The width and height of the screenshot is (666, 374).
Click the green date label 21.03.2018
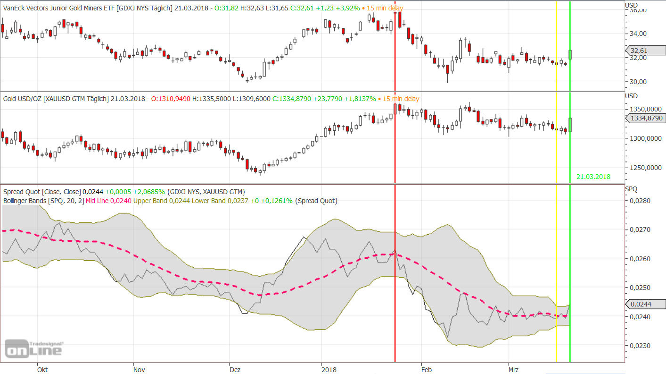pyautogui.click(x=593, y=177)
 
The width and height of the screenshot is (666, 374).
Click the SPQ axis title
pyautogui.click(x=632, y=189)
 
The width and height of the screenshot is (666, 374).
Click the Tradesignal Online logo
pyautogui.click(x=33, y=348)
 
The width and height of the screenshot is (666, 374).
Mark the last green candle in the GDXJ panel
pyautogui.click(x=570, y=54)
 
